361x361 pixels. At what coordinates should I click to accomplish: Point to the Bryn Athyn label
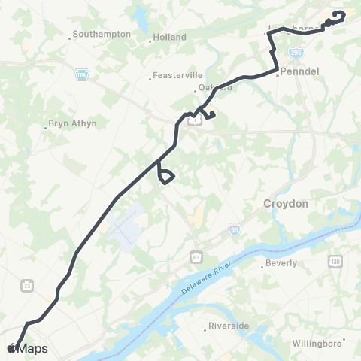point(73,123)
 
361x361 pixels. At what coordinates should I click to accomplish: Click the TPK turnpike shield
point(81,74)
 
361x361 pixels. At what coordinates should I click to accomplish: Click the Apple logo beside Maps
point(12,348)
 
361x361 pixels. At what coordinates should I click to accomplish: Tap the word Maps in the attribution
point(33,348)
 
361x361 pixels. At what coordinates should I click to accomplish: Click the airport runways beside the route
point(125,223)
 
